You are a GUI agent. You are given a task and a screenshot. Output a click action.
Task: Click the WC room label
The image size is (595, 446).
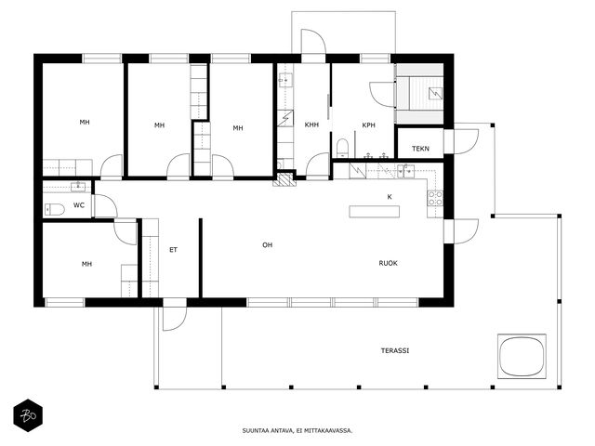79,205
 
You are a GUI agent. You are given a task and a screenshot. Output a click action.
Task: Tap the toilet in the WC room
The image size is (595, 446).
55,209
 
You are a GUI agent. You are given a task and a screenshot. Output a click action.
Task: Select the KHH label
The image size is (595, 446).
311,125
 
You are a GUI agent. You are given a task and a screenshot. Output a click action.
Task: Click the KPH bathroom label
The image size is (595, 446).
368,125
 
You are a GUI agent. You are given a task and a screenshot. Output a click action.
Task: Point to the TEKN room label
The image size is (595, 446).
420,149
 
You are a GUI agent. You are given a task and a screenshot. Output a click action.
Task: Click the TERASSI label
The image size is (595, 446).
395,351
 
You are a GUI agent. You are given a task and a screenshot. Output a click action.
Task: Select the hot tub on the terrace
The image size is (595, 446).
522,356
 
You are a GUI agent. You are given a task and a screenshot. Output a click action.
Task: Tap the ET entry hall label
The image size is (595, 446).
173,250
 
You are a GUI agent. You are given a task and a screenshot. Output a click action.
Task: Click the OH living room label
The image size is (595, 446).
268,245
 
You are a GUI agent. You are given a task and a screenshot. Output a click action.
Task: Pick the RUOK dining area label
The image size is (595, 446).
389,263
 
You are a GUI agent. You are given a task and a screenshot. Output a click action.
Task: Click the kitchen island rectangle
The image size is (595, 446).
374,211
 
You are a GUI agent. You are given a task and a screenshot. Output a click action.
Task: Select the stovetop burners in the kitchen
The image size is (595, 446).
435,198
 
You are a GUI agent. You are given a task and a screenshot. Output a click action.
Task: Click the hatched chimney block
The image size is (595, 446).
284,179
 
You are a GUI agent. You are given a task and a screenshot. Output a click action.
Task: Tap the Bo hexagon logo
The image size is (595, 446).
28,415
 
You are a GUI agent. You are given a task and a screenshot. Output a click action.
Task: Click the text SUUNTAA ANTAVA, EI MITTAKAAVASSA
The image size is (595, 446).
297,430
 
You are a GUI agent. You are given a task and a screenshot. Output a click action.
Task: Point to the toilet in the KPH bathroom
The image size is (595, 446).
342,148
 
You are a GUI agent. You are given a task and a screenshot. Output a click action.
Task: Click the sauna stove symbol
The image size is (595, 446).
435,93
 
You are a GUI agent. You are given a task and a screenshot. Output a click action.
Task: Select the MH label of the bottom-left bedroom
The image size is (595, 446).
86,264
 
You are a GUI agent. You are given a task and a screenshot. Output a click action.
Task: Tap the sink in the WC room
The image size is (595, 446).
78,187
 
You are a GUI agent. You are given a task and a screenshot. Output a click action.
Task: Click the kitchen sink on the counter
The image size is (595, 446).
405,171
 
